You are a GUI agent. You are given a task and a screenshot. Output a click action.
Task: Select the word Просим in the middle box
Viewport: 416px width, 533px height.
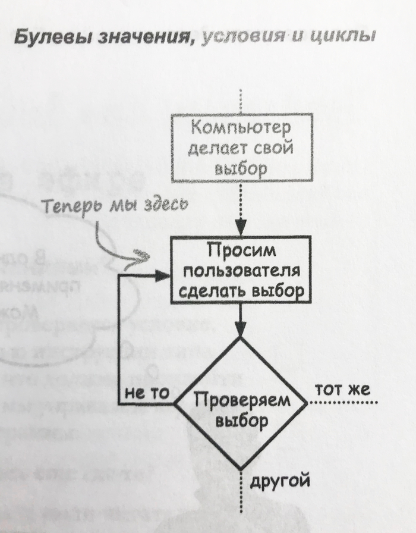point(241,251)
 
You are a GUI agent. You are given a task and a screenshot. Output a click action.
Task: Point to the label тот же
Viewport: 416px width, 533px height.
point(342,390)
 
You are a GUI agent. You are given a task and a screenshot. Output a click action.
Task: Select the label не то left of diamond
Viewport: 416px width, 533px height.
point(148,393)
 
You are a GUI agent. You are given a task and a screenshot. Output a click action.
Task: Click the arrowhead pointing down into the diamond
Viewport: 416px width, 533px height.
point(241,331)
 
